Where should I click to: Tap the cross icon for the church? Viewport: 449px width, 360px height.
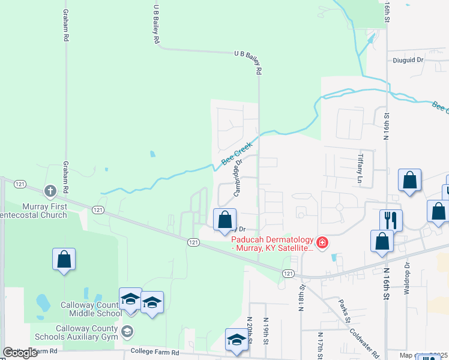click(x=50, y=191)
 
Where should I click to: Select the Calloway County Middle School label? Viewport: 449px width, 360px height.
click(x=91, y=309)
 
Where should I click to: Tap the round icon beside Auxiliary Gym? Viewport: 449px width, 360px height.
click(x=127, y=331)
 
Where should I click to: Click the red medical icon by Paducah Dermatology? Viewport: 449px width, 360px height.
click(x=322, y=242)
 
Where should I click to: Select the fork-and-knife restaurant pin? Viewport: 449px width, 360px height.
click(x=391, y=220)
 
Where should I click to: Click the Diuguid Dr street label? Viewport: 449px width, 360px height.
click(x=408, y=60)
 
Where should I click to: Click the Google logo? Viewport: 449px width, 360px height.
click(x=20, y=353)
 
